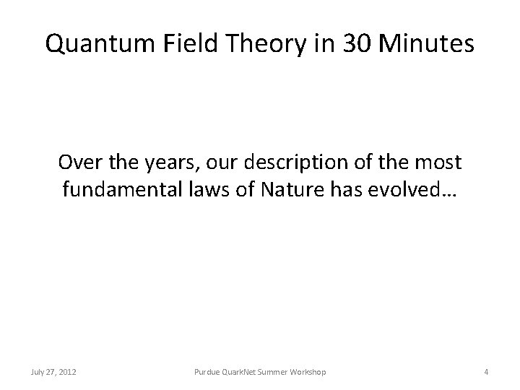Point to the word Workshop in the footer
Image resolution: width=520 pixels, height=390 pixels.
[308, 372]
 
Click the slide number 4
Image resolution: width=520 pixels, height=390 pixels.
[487, 372]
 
